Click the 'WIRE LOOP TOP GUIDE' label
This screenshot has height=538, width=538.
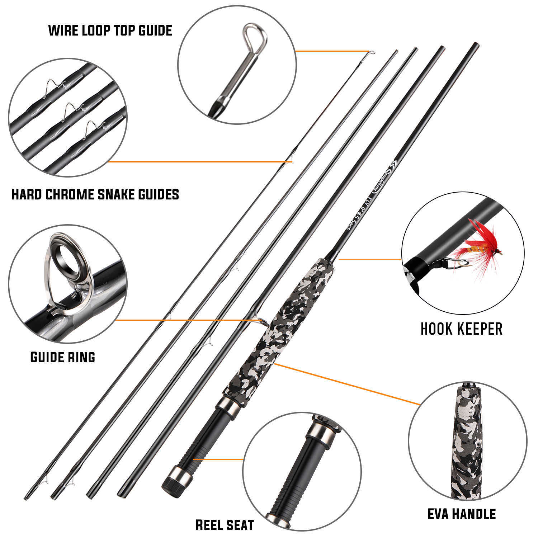(110, 30)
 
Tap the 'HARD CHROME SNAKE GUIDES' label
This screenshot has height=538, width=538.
(95, 194)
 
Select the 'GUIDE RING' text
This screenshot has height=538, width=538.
(63, 357)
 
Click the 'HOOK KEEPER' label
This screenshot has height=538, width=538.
(461, 329)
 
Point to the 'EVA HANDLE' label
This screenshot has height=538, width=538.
(462, 514)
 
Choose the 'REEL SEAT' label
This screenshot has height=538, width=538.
(225, 525)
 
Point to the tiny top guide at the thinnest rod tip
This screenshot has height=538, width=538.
(372, 53)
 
